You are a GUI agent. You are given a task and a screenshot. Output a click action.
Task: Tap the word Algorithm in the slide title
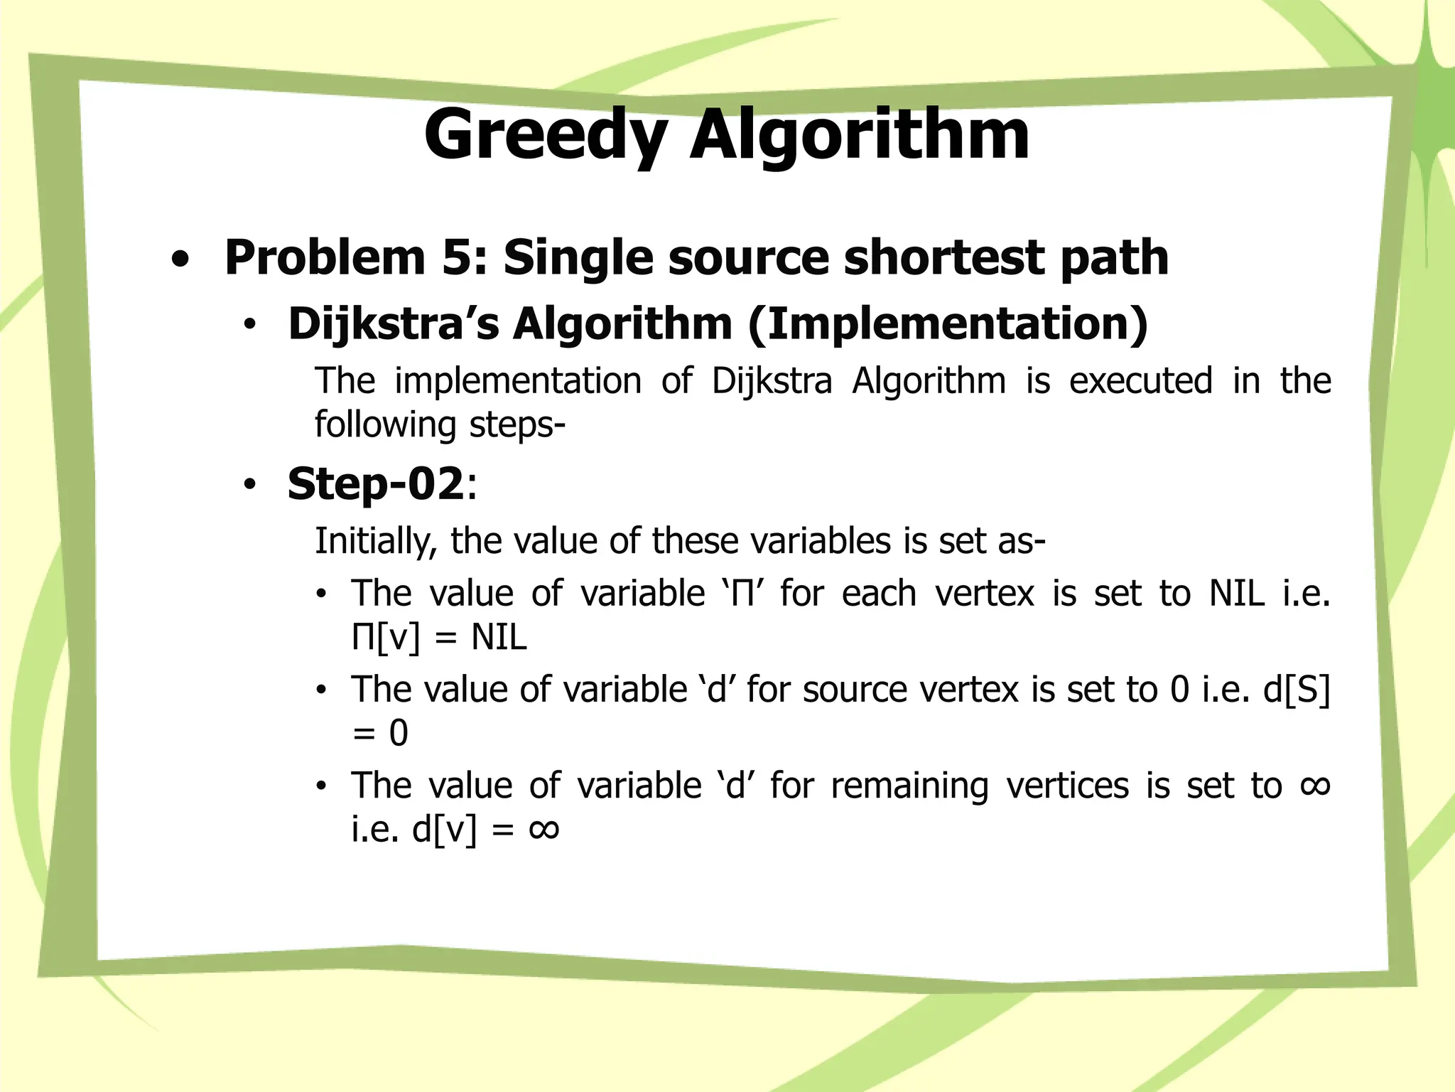[860, 135]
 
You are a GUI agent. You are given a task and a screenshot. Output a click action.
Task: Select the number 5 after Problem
[463, 257]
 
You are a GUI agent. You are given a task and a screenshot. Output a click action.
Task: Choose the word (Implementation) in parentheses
[948, 324]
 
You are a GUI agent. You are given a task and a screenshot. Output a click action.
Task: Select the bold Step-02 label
[375, 484]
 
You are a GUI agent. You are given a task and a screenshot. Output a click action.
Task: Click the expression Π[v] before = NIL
[386, 637]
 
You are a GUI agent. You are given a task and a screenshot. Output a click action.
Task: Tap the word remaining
[909, 786]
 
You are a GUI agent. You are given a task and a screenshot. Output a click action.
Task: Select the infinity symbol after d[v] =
[544, 829]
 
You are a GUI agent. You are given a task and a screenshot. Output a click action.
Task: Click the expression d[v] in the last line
[444, 830]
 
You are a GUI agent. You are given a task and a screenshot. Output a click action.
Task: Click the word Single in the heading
[578, 258]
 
